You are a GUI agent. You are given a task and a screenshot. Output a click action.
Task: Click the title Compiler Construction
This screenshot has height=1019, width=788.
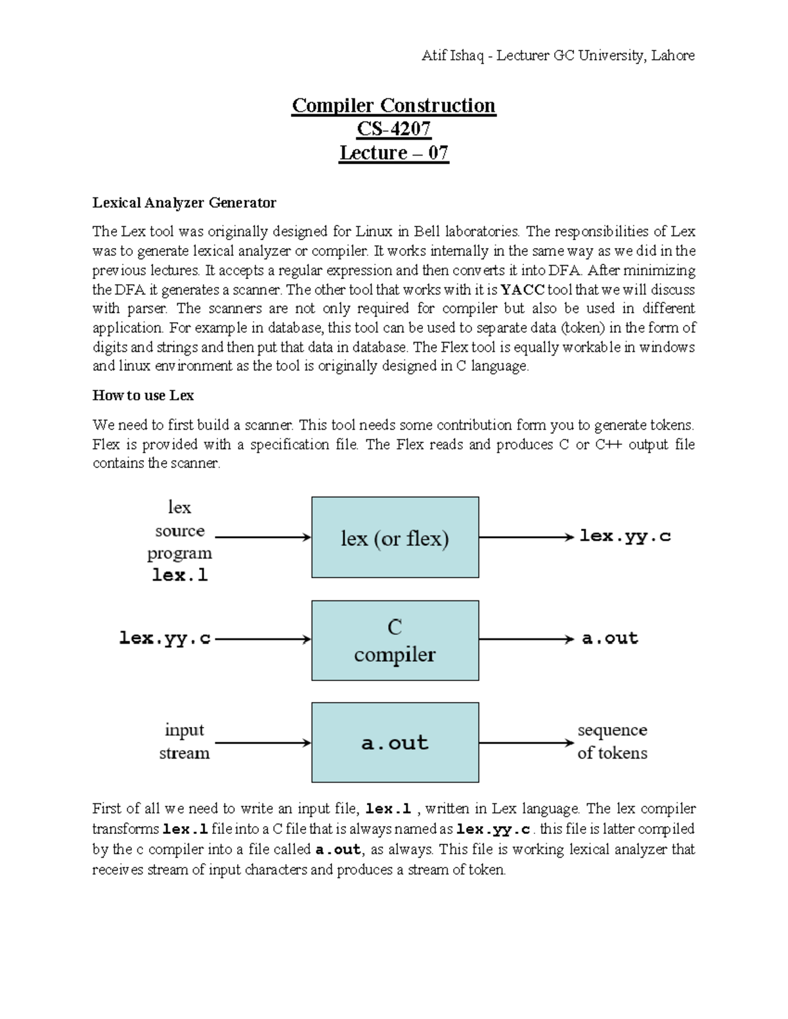point(393,106)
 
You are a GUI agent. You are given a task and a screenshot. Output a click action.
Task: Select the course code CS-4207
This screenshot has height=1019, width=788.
point(393,129)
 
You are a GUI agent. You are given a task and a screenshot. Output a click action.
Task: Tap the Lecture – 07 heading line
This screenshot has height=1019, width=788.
point(393,153)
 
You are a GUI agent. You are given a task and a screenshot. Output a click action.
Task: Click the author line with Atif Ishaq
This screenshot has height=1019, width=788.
point(558,56)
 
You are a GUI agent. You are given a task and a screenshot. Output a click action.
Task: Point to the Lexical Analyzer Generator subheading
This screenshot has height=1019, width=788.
point(184,203)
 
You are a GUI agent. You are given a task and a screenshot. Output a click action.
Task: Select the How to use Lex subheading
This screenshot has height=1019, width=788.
point(142,396)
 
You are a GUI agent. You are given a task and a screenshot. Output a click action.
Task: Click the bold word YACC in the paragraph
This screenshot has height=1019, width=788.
point(522,290)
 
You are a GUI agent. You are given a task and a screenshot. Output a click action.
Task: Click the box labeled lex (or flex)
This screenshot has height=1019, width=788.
point(395,537)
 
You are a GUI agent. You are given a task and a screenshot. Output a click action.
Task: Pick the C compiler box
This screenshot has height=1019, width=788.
point(395,640)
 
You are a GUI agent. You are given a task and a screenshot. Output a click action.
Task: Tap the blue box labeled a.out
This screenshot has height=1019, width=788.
point(395,743)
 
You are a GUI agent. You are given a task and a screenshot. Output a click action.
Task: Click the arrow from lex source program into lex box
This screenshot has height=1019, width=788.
point(263,537)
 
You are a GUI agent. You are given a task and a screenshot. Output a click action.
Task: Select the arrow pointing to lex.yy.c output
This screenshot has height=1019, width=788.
point(526,537)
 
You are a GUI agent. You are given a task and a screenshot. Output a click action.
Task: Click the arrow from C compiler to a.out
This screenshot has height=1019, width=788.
point(526,639)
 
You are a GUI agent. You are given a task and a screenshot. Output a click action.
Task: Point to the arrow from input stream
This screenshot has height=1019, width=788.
point(263,743)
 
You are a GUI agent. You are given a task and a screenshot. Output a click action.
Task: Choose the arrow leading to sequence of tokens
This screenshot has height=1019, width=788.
point(526,743)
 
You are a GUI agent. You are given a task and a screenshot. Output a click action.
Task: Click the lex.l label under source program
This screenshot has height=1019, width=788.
point(179,575)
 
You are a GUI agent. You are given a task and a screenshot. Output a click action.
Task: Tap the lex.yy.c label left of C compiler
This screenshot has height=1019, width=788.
point(164,638)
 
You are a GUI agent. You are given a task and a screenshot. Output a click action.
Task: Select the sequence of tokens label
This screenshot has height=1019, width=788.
point(612,741)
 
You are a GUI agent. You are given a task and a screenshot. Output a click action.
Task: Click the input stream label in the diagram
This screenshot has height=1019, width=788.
point(184,741)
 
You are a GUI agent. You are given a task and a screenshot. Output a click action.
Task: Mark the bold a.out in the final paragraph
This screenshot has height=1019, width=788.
point(338,850)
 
